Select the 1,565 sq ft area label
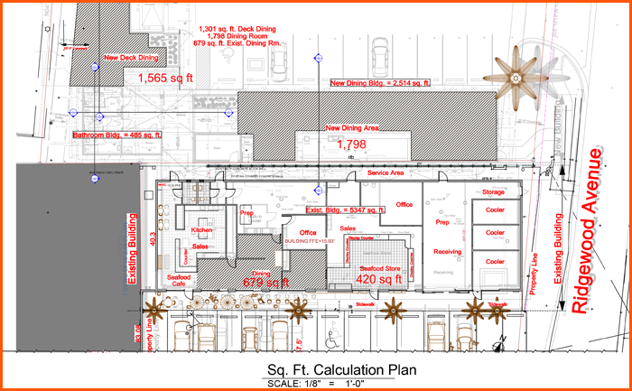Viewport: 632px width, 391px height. [165, 79]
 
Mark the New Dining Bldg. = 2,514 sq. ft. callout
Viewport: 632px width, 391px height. [380, 83]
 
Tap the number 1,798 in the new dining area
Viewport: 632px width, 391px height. [352, 144]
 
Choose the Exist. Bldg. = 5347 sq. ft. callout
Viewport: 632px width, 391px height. [345, 209]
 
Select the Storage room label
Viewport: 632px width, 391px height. [492, 192]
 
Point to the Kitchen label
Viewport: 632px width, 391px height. [201, 231]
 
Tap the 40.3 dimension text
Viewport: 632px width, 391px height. [153, 238]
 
